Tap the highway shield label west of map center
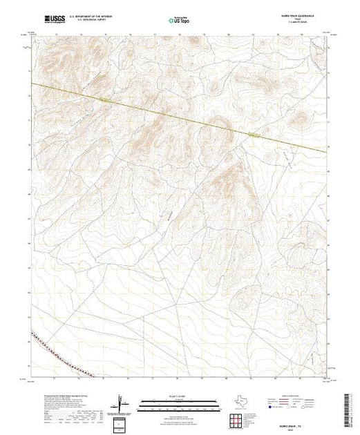point(105,101)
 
